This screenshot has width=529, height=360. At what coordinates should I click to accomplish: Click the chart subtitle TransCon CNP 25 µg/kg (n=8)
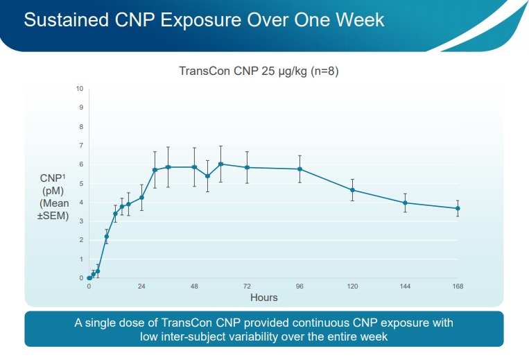click(259, 71)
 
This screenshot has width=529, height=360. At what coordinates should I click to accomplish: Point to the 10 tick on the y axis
click(80, 89)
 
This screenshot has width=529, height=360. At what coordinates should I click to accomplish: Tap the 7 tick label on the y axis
click(81, 146)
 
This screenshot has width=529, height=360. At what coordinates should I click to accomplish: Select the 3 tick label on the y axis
click(81, 221)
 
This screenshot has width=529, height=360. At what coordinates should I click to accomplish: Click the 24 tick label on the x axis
click(141, 286)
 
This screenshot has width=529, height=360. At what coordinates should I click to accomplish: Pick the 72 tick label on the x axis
click(247, 286)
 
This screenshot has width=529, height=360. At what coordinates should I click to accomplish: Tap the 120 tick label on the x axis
click(352, 286)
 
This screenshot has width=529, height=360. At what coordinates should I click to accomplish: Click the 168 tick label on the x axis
click(458, 286)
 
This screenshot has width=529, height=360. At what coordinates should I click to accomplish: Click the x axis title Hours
click(263, 298)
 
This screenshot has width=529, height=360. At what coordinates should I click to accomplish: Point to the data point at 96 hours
click(300, 169)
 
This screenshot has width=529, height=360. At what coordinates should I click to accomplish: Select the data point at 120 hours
click(352, 190)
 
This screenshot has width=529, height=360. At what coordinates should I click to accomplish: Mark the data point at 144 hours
click(405, 203)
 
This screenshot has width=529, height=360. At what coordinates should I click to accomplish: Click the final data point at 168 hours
click(458, 208)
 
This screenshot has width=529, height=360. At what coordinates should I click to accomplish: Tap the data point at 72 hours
click(247, 168)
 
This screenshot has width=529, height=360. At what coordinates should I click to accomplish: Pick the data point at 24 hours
click(141, 198)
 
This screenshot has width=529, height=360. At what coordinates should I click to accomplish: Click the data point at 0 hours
click(89, 278)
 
